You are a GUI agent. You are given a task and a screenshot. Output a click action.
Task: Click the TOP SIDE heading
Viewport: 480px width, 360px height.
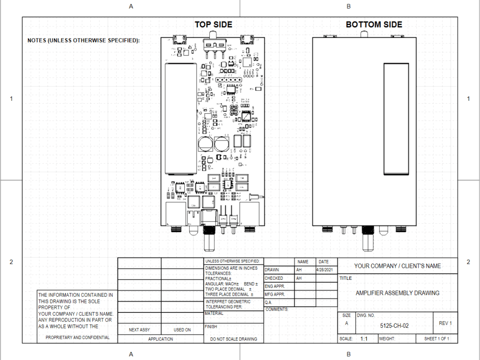click(213, 25)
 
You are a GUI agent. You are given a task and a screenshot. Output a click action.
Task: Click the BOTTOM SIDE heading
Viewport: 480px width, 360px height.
click(374, 25)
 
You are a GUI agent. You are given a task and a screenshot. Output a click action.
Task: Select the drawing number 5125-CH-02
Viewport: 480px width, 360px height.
click(394, 325)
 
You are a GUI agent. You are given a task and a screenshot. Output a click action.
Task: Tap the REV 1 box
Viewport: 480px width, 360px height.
click(445, 323)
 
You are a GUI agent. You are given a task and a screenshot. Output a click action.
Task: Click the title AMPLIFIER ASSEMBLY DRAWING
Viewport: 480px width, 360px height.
click(397, 293)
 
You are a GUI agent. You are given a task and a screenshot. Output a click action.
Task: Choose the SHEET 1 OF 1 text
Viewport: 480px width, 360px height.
click(436, 339)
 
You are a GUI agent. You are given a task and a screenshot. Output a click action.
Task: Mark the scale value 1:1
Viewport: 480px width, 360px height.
click(364, 339)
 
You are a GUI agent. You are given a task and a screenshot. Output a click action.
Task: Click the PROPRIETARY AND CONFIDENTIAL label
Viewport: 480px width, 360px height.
click(77, 337)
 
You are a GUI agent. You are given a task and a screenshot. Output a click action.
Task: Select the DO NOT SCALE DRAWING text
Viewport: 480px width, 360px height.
click(234, 339)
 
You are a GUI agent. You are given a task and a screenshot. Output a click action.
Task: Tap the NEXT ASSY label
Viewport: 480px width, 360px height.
click(140, 330)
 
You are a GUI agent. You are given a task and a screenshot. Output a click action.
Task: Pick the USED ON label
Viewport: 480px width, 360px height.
click(182, 330)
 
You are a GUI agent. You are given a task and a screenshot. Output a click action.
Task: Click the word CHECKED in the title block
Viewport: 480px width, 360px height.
click(274, 278)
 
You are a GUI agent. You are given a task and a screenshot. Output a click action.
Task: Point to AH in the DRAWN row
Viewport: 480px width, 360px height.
click(299, 270)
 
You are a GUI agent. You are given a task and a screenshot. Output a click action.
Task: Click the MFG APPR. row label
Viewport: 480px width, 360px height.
click(275, 294)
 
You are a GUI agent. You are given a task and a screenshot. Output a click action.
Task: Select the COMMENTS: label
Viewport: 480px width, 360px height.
click(276, 310)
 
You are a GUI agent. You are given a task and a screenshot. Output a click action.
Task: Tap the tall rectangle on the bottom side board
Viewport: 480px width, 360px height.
click(396, 119)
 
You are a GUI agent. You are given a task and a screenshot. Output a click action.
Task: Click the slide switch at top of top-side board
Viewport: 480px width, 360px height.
click(216, 45)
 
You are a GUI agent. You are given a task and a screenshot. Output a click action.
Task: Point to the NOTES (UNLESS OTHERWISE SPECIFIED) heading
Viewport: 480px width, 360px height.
click(84, 40)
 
